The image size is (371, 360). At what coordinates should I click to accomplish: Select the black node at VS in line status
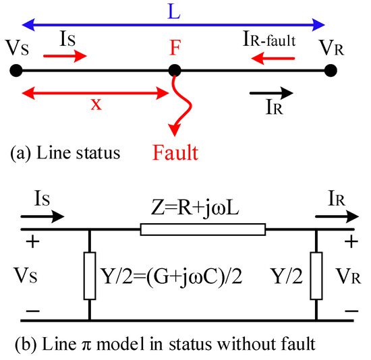point(18,70)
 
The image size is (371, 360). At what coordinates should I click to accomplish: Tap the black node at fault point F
point(175,70)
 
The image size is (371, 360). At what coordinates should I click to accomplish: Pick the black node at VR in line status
point(330,70)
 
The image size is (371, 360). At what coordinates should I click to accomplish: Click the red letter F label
point(175,48)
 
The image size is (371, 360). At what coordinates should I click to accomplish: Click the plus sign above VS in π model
point(29,243)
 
